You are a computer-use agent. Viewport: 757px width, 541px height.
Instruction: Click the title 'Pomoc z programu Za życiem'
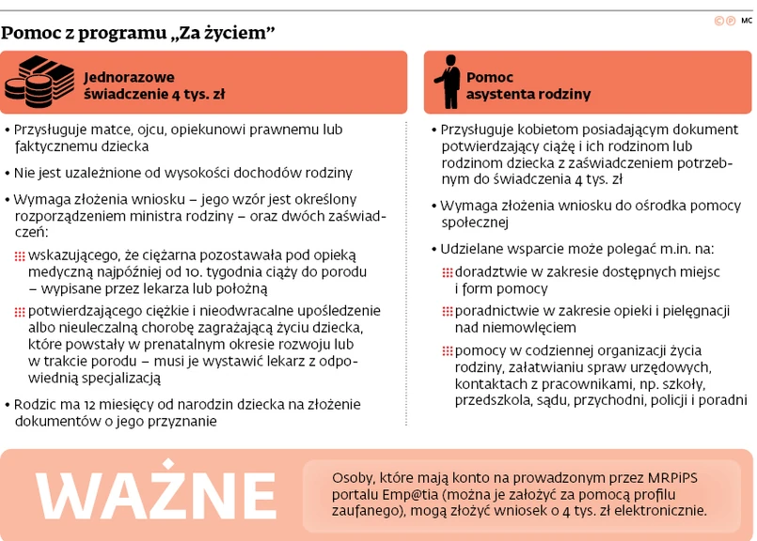[x=138, y=34]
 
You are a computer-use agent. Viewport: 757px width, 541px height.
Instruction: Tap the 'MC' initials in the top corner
[x=747, y=21]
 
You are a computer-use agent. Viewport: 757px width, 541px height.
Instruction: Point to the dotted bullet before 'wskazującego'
[x=20, y=255]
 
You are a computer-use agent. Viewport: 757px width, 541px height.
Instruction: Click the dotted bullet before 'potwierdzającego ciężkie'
[x=20, y=311]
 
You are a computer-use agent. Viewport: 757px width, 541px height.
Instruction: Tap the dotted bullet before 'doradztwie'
[x=448, y=271]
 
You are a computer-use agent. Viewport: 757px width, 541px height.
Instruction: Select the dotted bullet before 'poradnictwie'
[x=448, y=311]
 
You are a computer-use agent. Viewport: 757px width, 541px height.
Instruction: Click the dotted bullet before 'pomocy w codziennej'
[x=448, y=351]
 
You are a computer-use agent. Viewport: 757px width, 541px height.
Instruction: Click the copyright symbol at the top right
[x=719, y=21]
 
